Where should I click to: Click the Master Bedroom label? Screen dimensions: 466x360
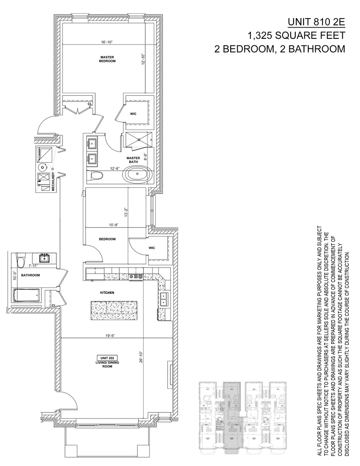pyautogui.click(x=108, y=59)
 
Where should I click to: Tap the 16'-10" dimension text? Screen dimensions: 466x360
pyautogui.click(x=108, y=42)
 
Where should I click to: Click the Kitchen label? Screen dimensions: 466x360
pyautogui.click(x=107, y=293)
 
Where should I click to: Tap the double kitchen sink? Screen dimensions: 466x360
pyautogui.click(x=164, y=299)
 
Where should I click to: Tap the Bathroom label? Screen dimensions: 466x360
pyautogui.click(x=31, y=275)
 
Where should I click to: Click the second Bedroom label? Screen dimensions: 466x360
pyautogui.click(x=107, y=239)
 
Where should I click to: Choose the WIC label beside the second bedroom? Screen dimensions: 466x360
pyautogui.click(x=152, y=248)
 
